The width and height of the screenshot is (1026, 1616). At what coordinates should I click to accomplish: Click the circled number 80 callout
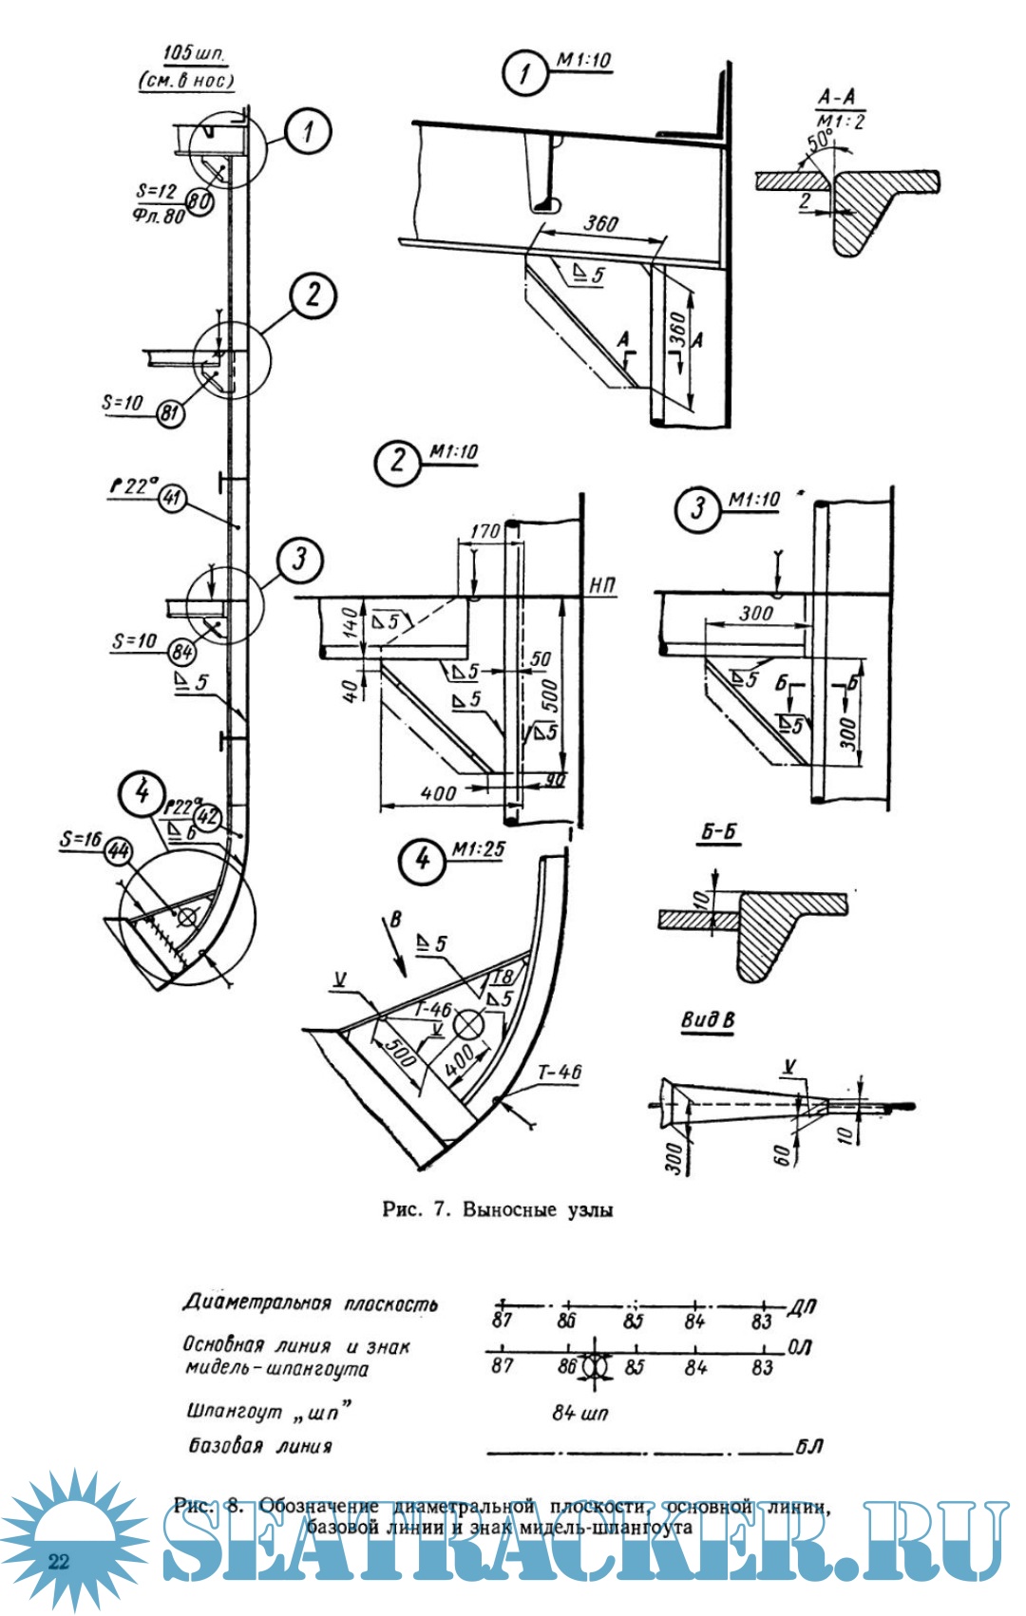coord(199,201)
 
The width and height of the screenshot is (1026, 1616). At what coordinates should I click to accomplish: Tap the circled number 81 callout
coord(170,413)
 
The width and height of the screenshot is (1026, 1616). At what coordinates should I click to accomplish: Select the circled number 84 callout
coord(182,652)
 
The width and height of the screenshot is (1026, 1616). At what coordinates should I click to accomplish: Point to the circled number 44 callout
coord(118,850)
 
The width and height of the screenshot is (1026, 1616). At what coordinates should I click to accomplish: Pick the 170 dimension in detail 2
coord(484,531)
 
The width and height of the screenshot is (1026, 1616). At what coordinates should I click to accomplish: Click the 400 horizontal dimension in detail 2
coord(438,793)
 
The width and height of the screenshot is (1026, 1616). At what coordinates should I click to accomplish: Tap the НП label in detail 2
coord(602,585)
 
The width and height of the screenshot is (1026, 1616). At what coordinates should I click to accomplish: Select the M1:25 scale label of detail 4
coord(479,849)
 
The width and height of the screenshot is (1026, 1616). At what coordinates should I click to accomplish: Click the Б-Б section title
coord(719,832)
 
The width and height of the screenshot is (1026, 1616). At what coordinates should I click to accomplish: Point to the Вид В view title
coord(708,1020)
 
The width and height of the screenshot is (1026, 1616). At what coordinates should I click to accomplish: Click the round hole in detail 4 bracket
coord(468,1024)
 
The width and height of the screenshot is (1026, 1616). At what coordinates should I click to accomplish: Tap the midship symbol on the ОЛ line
coord(595,1364)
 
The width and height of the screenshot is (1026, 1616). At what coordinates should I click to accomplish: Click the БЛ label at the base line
coord(808,1447)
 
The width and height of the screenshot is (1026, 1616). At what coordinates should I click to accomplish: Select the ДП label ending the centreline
coord(802,1308)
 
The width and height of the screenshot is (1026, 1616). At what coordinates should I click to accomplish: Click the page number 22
coord(59,1561)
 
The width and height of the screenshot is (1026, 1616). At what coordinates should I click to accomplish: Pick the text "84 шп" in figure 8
coord(579,1413)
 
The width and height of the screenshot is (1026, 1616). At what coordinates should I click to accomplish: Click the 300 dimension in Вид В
coord(673,1158)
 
